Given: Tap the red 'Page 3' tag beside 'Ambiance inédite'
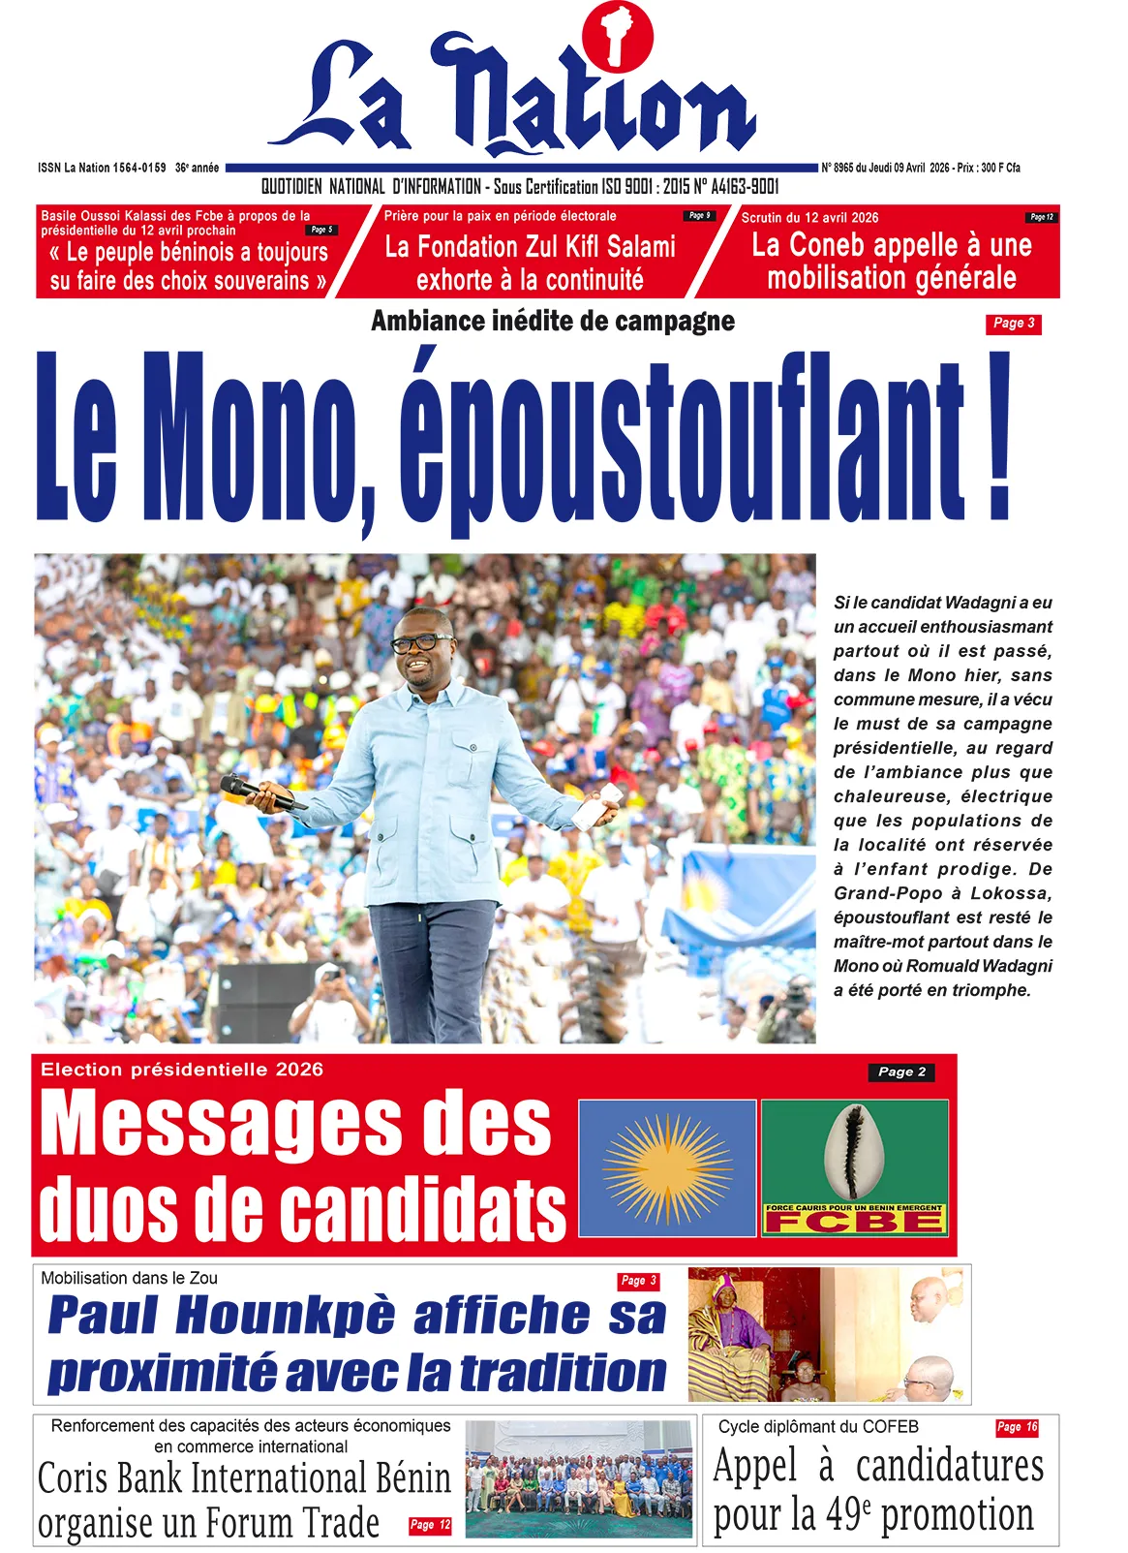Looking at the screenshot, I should pos(1013,324).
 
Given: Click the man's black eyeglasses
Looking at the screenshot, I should pos(420,642).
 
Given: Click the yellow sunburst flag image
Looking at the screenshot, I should pos(666,1167).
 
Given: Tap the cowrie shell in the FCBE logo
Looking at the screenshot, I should pos(854,1152).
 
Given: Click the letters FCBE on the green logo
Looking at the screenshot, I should pos(853,1222).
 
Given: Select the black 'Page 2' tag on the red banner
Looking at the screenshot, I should pos(900,1072).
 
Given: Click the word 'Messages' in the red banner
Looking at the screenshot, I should pos(295,1124).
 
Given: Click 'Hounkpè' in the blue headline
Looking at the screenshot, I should pos(286,1316).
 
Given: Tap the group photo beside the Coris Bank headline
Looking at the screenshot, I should pos(578,1478).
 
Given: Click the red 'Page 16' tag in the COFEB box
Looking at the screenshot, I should pos(1017,1427).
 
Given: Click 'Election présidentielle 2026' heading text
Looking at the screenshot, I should pos(181,1070).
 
